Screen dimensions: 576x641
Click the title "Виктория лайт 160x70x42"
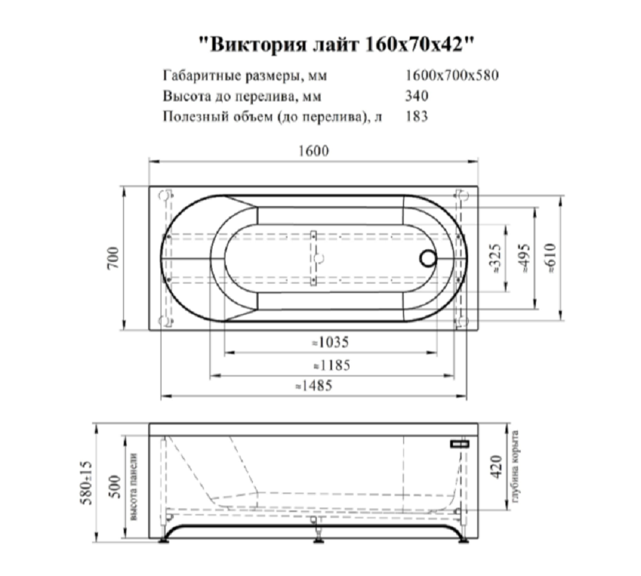point(336,43)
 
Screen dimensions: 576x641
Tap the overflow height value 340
point(417,96)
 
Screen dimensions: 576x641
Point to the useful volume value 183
point(417,116)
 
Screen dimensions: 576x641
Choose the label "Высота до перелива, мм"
point(241,96)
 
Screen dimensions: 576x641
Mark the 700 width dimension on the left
point(113,258)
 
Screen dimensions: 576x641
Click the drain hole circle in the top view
point(428,258)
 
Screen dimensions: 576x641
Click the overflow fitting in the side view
point(458,445)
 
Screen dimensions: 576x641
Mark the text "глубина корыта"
point(516,468)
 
